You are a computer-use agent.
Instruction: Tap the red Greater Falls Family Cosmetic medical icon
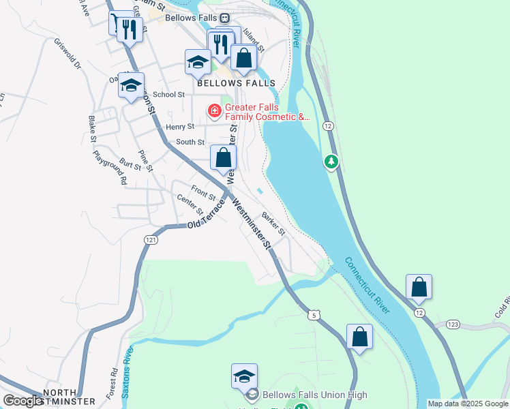coord(214,110)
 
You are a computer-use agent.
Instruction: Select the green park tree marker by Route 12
coord(331,162)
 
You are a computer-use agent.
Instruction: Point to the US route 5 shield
coord(314,314)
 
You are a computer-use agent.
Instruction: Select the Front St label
coord(203,194)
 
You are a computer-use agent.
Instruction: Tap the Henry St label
coord(180,127)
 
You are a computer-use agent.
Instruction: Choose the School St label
coord(168,95)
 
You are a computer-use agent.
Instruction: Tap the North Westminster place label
coord(69,397)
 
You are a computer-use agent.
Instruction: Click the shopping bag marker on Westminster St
coord(223,158)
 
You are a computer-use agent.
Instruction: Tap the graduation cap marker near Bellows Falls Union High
coord(244,375)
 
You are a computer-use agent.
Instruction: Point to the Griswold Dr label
coord(67,53)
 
